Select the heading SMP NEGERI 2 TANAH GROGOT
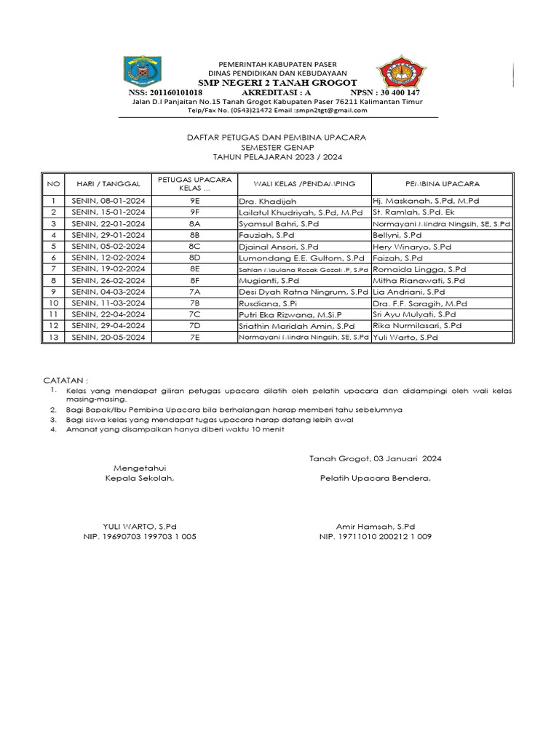276,83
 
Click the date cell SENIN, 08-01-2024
108,200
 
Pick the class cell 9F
194,212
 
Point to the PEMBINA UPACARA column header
442,184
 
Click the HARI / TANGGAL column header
108,184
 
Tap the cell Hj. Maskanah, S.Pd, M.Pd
425,200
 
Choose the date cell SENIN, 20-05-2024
108,338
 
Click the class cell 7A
194,292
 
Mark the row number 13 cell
53,338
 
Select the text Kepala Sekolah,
140,478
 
